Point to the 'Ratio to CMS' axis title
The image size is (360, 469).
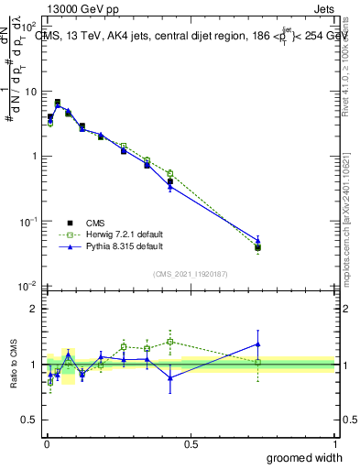point(12,364)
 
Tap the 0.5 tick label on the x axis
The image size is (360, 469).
point(191,443)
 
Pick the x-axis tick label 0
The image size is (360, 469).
point(46,443)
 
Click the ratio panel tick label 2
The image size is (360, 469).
point(36,309)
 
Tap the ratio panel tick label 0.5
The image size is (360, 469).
point(31,420)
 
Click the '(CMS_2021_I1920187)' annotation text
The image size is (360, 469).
point(190,273)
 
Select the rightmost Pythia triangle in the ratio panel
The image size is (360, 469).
point(258,344)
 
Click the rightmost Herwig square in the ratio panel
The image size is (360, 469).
point(258,363)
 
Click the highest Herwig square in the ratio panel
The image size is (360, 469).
point(170,342)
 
